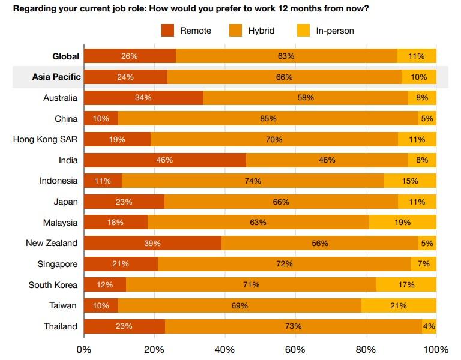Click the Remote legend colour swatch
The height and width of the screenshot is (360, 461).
click(x=167, y=30)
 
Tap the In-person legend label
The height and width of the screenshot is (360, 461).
click(x=335, y=30)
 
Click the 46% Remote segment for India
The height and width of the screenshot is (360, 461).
click(x=164, y=160)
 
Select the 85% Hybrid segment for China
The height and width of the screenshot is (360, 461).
click(x=268, y=119)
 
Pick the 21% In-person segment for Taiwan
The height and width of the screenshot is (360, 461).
click(x=399, y=305)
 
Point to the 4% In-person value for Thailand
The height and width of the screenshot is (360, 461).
click(x=429, y=326)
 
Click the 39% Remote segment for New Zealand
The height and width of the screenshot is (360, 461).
click(x=152, y=243)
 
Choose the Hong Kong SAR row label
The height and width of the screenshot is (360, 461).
click(x=45, y=139)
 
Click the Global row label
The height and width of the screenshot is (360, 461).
click(x=65, y=56)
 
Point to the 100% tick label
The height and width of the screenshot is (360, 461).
click(x=436, y=350)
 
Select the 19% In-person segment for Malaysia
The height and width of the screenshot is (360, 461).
click(x=402, y=223)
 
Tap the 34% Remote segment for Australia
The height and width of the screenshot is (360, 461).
click(x=143, y=98)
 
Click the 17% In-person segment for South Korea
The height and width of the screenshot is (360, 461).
click(x=406, y=285)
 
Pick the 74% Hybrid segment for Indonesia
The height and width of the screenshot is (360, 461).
click(x=253, y=181)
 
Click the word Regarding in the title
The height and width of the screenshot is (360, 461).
click(x=34, y=8)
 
